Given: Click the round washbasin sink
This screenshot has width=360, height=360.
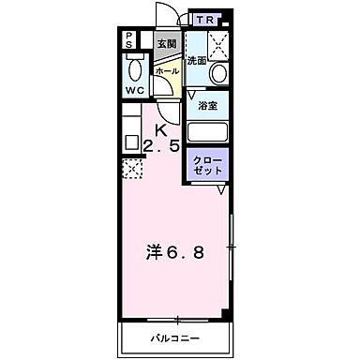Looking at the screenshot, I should pyautogui.click(x=218, y=73).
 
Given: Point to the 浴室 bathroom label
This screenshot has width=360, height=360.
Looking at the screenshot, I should pyautogui.click(x=207, y=106).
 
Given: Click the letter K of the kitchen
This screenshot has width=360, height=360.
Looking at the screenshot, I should pyautogui.click(x=160, y=130).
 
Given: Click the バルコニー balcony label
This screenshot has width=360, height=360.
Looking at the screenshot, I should pyautogui.click(x=175, y=337).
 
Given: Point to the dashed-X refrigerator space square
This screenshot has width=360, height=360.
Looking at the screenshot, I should pyautogui.click(x=131, y=170).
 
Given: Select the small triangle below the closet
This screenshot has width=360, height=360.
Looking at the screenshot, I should pyautogui.click(x=221, y=190).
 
